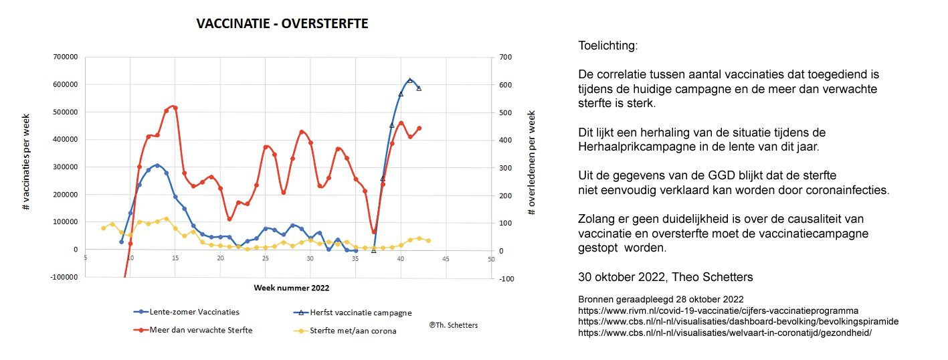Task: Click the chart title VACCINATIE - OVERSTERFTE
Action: pyautogui.click(x=282, y=24)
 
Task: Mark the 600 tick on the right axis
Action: pyautogui.click(x=505, y=85)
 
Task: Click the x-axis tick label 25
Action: pyautogui.click(x=266, y=259)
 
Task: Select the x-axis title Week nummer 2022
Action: pyautogui.click(x=291, y=287)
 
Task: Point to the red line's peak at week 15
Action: pyautogui.click(x=174, y=107)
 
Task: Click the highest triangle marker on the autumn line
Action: pyautogui.click(x=410, y=80)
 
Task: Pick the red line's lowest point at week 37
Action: pyautogui.click(x=374, y=232)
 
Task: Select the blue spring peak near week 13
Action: pyautogui.click(x=157, y=165)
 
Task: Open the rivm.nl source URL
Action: pyautogui.click(x=718, y=310)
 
